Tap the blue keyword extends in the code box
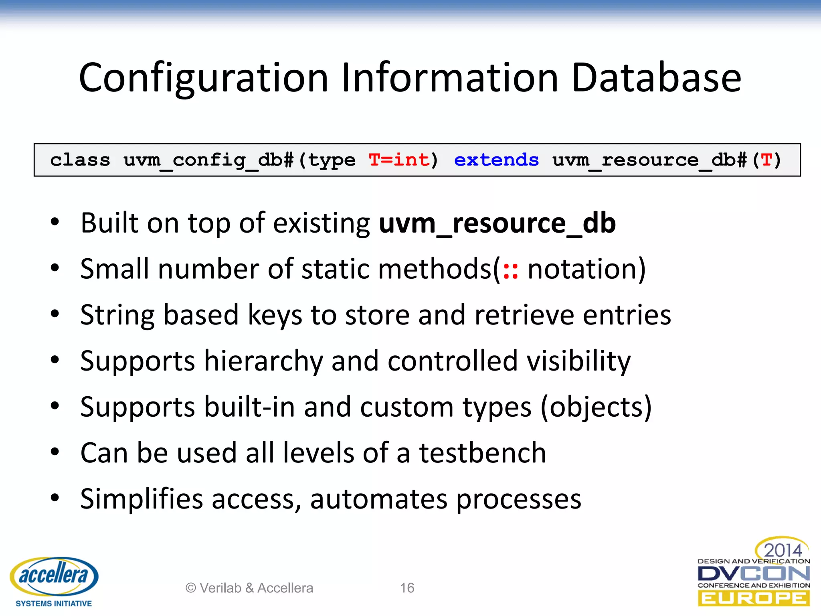496,160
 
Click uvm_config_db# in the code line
208,160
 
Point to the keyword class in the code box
80,160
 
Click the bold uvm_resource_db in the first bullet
497,223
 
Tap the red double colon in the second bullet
510,270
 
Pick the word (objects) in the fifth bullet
596,407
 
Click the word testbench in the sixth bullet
483,453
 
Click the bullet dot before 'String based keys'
55,314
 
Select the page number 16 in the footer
407,588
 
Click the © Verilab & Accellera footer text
249,588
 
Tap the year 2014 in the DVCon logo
782,550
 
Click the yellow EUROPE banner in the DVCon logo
754,599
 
